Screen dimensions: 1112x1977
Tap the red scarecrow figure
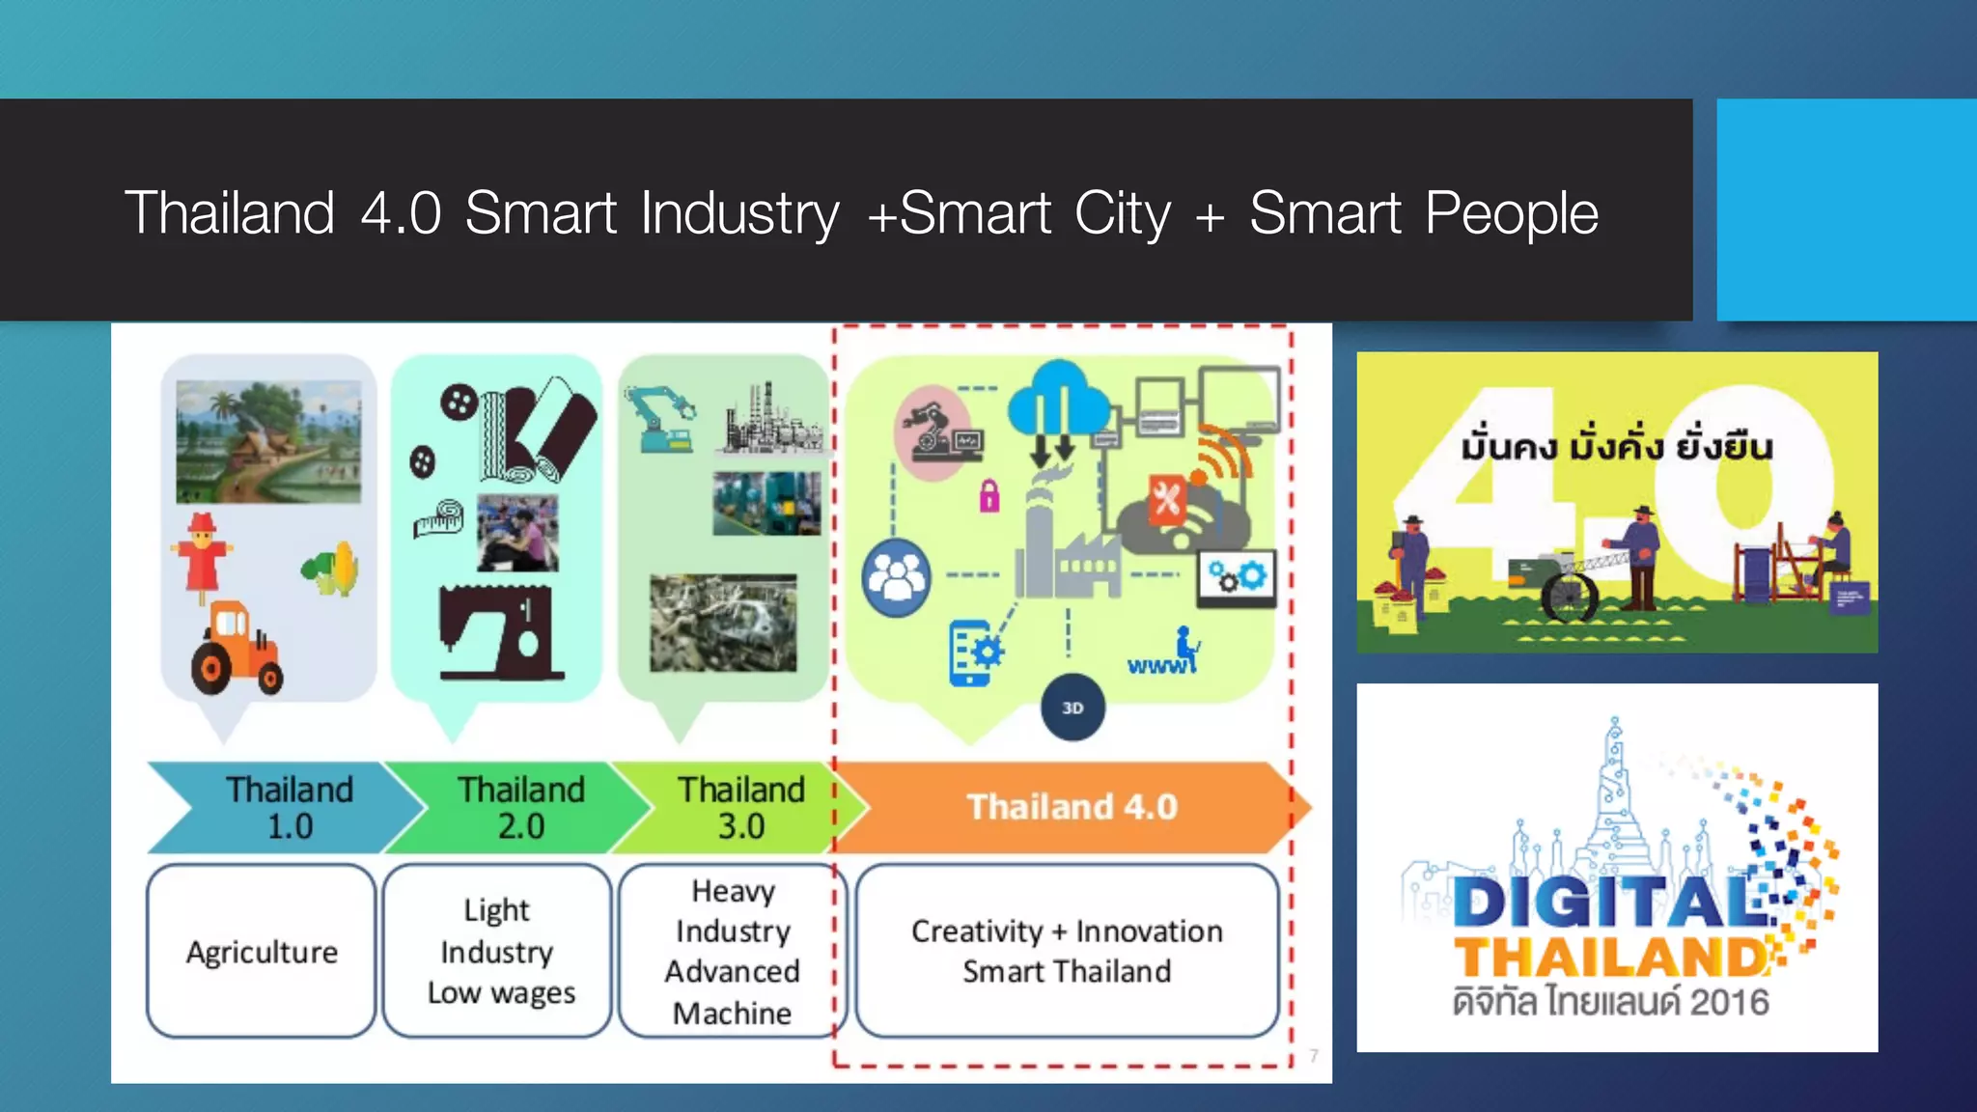point(202,554)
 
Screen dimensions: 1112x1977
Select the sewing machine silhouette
point(499,632)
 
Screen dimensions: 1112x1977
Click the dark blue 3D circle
point(1072,708)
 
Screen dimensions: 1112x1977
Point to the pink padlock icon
point(989,496)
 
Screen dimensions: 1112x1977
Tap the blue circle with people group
point(897,577)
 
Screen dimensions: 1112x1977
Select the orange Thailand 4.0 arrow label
point(1072,807)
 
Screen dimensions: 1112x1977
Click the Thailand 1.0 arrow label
point(290,808)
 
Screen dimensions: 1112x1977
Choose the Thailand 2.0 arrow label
point(521,808)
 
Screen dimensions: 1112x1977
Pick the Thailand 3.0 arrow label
point(740,808)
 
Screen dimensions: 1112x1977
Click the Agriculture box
point(262,952)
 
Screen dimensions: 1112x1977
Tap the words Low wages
point(501,993)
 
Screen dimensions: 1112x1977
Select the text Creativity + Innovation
point(1067,931)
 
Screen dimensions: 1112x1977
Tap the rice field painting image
point(268,441)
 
